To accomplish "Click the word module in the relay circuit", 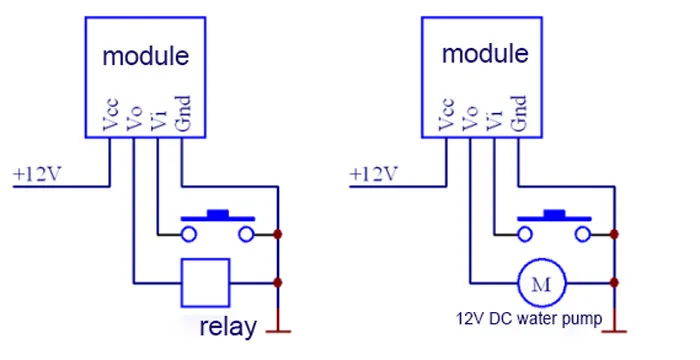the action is [x=146, y=56].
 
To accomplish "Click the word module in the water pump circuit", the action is [x=485, y=54].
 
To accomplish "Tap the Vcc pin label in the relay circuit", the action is [x=110, y=114].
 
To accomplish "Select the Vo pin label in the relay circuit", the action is [x=134, y=118].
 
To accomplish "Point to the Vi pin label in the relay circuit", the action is [x=158, y=120].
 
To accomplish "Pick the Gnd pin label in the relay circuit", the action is [x=183, y=113].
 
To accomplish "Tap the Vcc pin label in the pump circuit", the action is [x=446, y=114].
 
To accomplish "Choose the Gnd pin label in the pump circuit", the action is [x=519, y=113].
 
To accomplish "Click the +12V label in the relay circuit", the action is [x=37, y=174].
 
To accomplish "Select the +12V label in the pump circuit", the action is [x=373, y=174].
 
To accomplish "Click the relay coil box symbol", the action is [x=205, y=283].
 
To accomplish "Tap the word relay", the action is [x=228, y=327].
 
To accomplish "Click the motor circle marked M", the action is [x=542, y=283].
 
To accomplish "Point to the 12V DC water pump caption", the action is [x=529, y=319].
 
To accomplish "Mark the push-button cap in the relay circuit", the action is [x=218, y=216].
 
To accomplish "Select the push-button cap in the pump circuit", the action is [x=554, y=216].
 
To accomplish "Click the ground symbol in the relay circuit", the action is [x=278, y=331].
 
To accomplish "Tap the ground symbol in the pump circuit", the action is [x=614, y=331].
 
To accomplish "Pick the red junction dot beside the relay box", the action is [x=278, y=283].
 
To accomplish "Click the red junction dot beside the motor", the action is [x=614, y=283].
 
